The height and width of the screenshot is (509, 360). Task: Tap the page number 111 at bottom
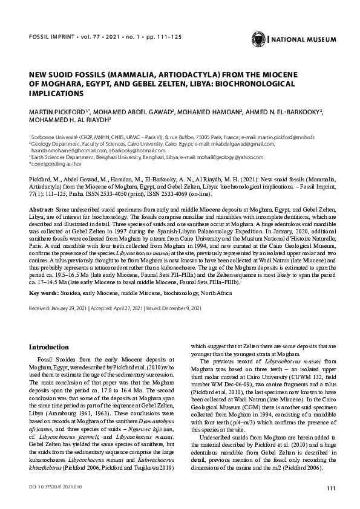click(330, 488)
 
